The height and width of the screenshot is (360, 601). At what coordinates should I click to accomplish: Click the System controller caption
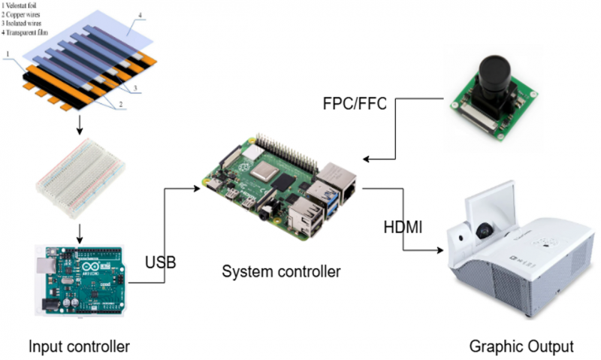(281, 271)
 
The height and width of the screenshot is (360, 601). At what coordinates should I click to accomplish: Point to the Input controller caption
(79, 346)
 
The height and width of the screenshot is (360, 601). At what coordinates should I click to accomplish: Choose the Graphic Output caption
(521, 346)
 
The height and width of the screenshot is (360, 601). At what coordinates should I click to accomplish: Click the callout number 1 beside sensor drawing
(7, 54)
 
